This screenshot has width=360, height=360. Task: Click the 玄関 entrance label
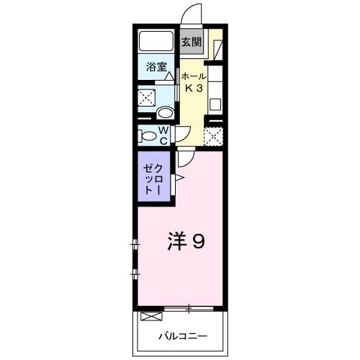[x=190, y=41]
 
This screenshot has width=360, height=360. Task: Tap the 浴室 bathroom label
[x=157, y=68]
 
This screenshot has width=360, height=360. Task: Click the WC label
[x=163, y=135]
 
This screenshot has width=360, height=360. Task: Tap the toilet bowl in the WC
[x=149, y=135]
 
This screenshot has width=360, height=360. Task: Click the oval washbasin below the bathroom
[x=164, y=112]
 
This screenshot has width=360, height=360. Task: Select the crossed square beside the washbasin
[x=148, y=97]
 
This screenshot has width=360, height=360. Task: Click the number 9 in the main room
[x=197, y=241]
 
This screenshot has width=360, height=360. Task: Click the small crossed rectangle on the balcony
[x=151, y=316]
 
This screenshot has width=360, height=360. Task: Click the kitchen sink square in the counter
[x=215, y=101]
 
